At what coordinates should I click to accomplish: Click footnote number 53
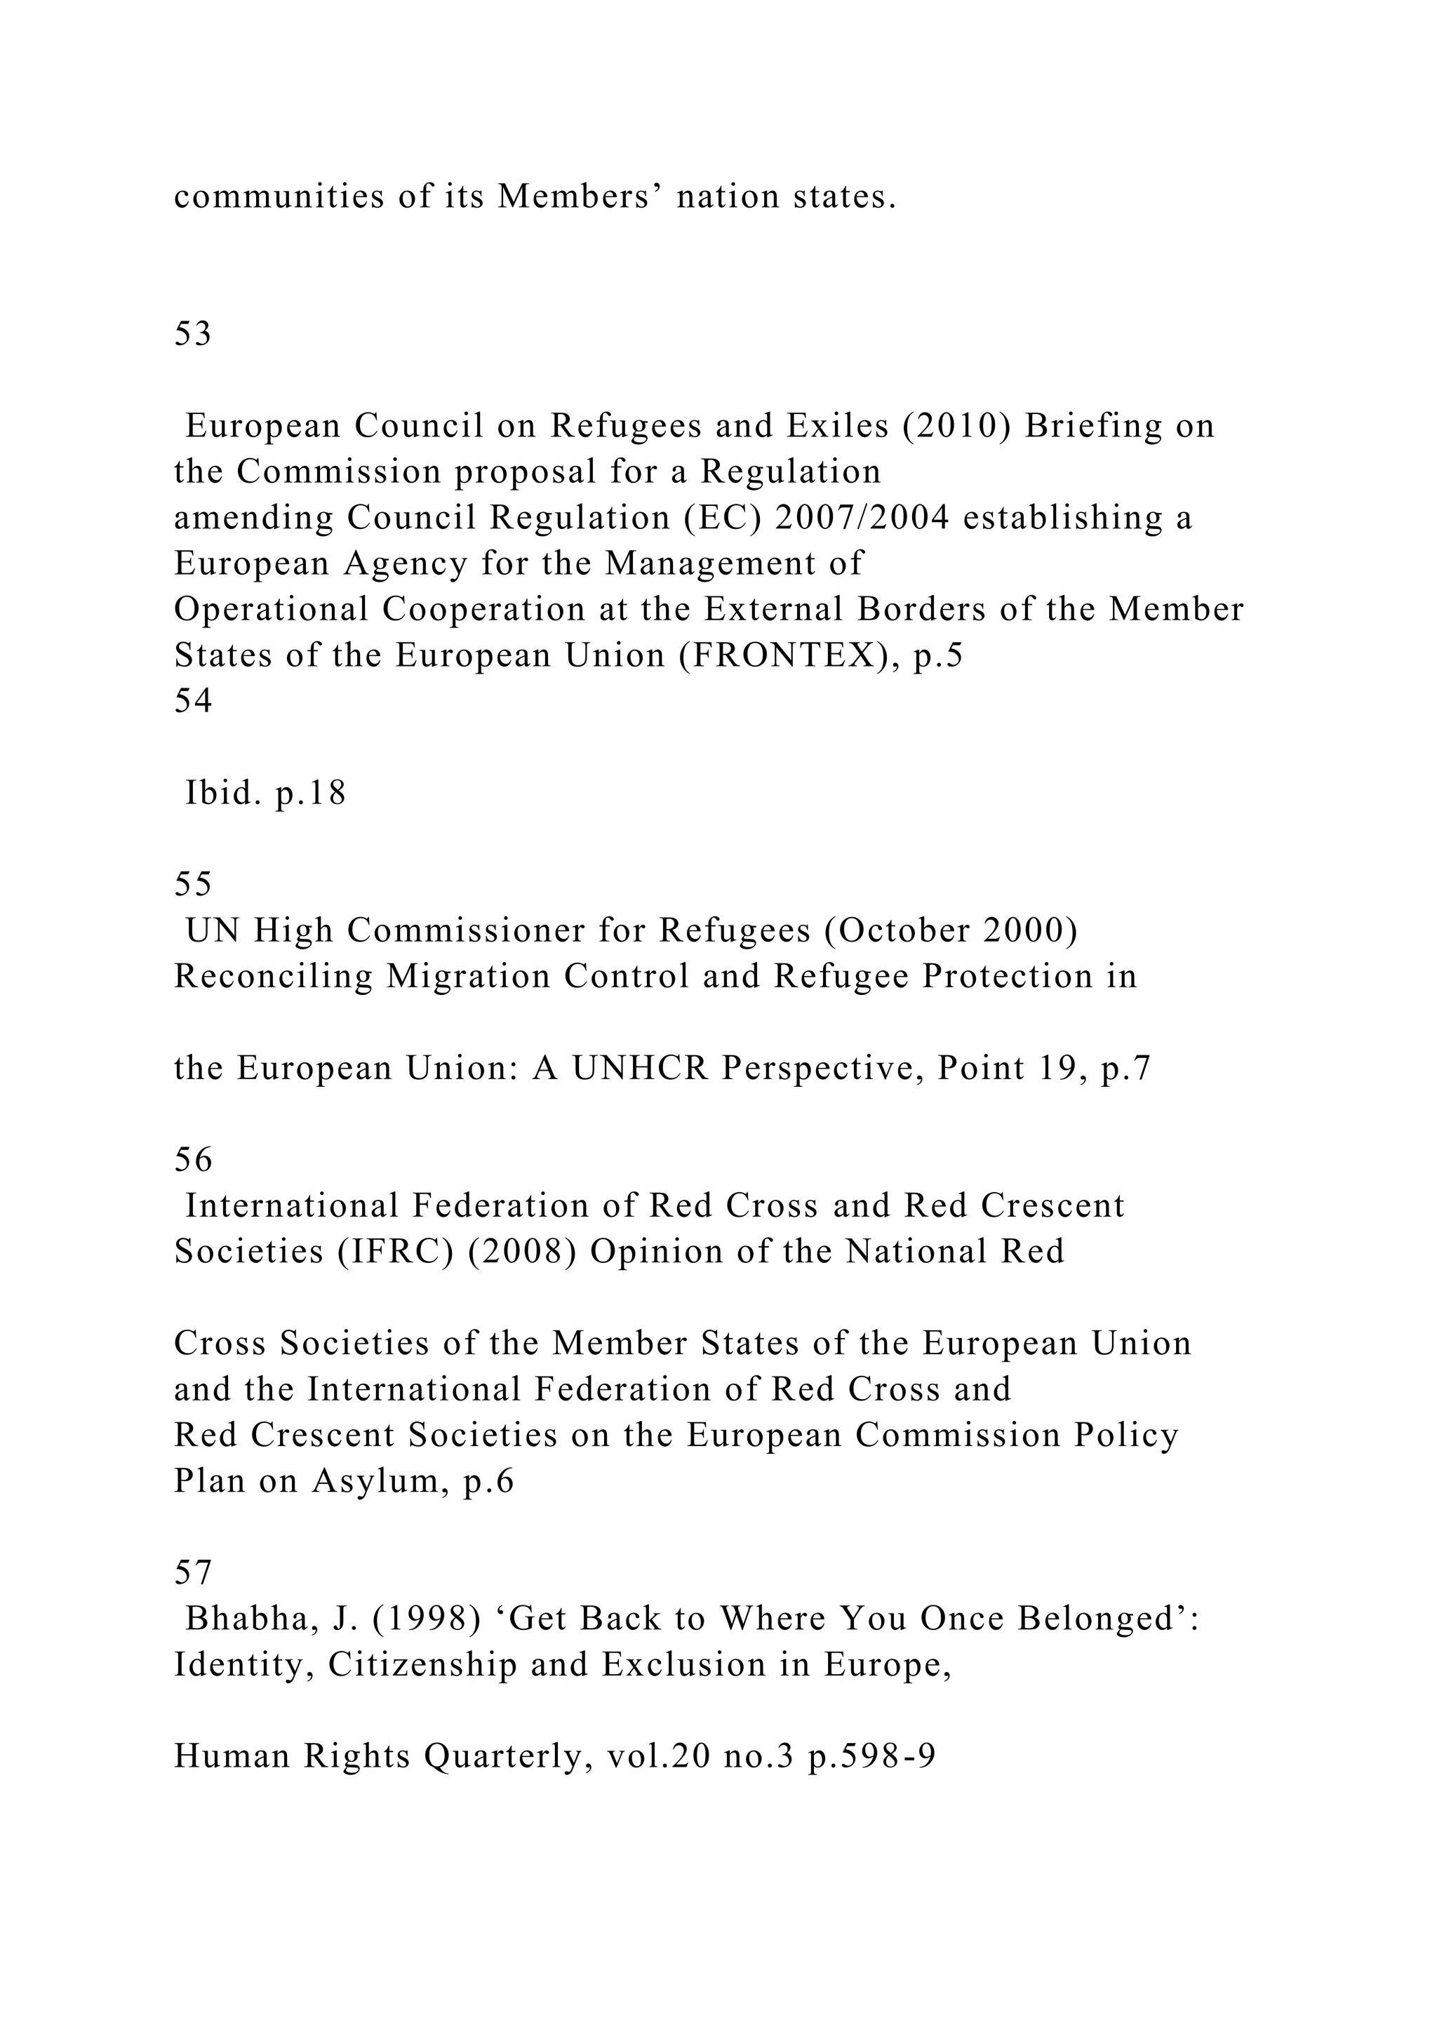[x=192, y=334]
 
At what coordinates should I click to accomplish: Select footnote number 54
[x=192, y=701]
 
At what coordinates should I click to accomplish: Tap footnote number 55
[x=192, y=884]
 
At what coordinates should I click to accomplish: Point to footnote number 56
[x=192, y=1159]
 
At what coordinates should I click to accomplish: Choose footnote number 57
[x=192, y=1572]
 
